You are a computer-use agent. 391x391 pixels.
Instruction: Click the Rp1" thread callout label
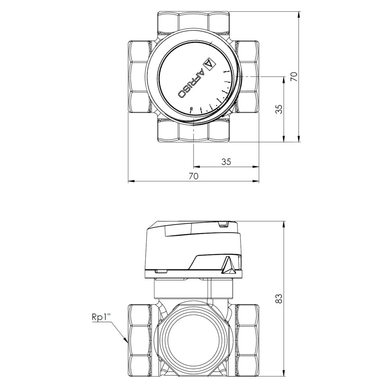pyautogui.click(x=101, y=318)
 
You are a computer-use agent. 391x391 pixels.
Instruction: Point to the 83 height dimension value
pyautogui.click(x=279, y=298)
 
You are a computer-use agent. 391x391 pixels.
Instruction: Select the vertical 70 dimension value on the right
pyautogui.click(x=294, y=76)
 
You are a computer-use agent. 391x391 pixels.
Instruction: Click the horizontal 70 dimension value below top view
pyautogui.click(x=194, y=176)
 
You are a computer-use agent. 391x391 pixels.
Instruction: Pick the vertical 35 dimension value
pyautogui.click(x=280, y=109)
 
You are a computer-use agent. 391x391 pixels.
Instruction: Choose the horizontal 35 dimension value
pyautogui.click(x=226, y=162)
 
